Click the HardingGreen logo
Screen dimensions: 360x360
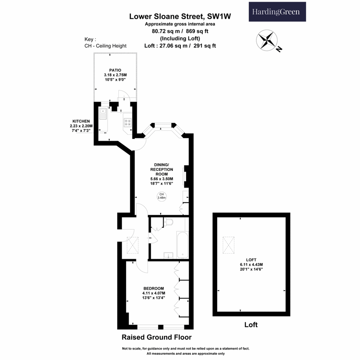277,12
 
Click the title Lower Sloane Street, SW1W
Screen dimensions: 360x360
180,17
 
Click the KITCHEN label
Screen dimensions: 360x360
81,121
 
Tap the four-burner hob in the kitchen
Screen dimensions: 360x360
128,123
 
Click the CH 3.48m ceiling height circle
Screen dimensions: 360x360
161,196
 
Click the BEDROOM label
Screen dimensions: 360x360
154,288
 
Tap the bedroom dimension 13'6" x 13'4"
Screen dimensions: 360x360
154,298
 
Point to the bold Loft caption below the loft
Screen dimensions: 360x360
251,325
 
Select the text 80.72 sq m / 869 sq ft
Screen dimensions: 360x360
180,31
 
